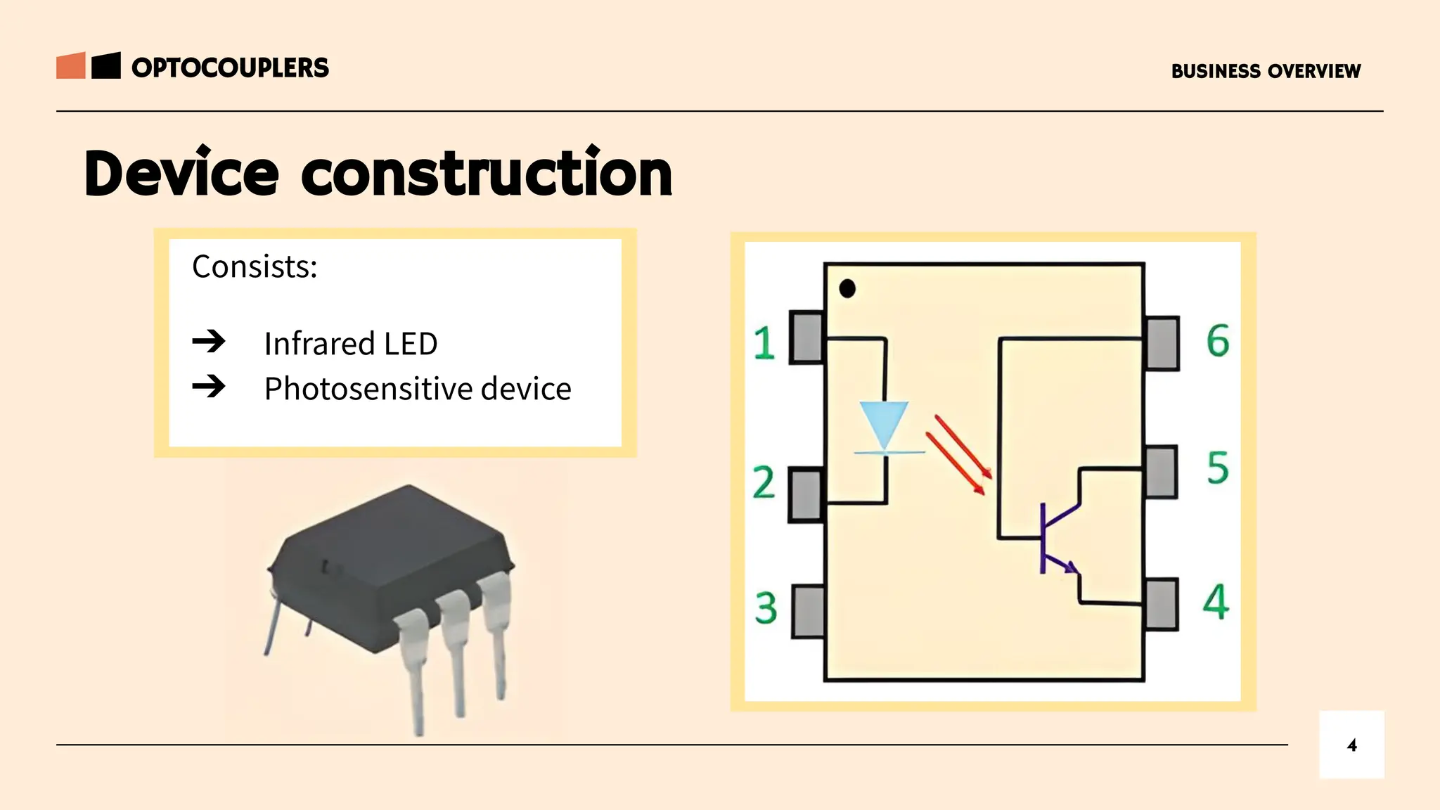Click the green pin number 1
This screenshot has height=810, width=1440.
coord(764,343)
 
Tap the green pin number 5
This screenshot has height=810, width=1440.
coord(1218,468)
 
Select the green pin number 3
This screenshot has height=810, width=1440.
coord(766,608)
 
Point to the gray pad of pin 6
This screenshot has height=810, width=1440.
coord(1162,343)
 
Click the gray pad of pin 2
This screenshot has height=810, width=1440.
coord(806,495)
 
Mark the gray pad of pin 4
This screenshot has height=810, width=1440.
coord(1161,604)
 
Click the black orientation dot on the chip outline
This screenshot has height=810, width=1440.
coord(847,288)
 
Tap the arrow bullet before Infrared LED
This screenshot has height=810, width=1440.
coord(209,342)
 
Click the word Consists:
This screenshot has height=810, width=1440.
coord(255,267)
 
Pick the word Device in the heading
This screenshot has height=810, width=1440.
coord(181,174)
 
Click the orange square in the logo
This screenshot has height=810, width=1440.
coord(71,65)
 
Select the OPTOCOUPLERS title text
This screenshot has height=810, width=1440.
coord(230,68)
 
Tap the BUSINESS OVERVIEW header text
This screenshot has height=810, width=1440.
coord(1266,71)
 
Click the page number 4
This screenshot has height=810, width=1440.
coord(1351,745)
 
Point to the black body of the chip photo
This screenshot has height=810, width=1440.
coord(394,555)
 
